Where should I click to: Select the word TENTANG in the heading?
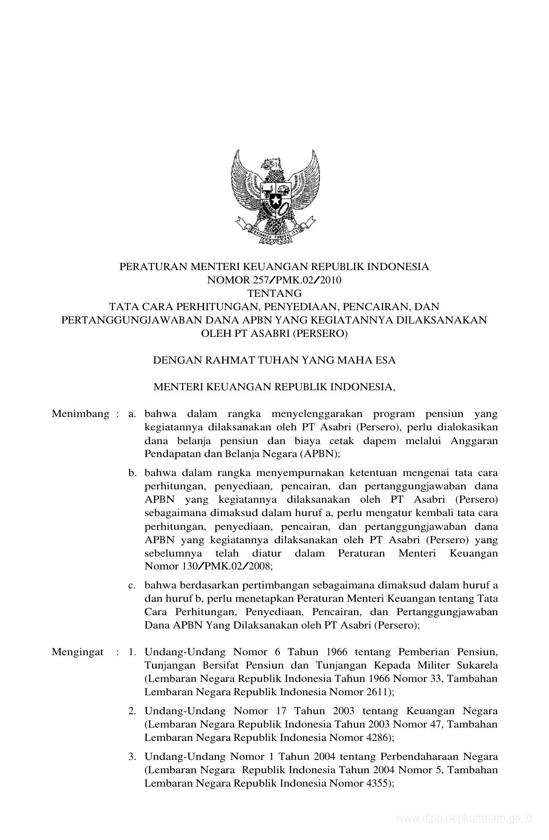click(274, 294)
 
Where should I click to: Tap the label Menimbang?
click(81, 414)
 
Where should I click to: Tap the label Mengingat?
click(78, 652)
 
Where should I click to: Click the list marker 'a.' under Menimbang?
click(132, 414)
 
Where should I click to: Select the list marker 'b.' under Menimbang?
click(132, 473)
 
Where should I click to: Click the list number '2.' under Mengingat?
click(132, 711)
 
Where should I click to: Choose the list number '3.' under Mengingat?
click(132, 756)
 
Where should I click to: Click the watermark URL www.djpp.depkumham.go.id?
click(464, 818)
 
